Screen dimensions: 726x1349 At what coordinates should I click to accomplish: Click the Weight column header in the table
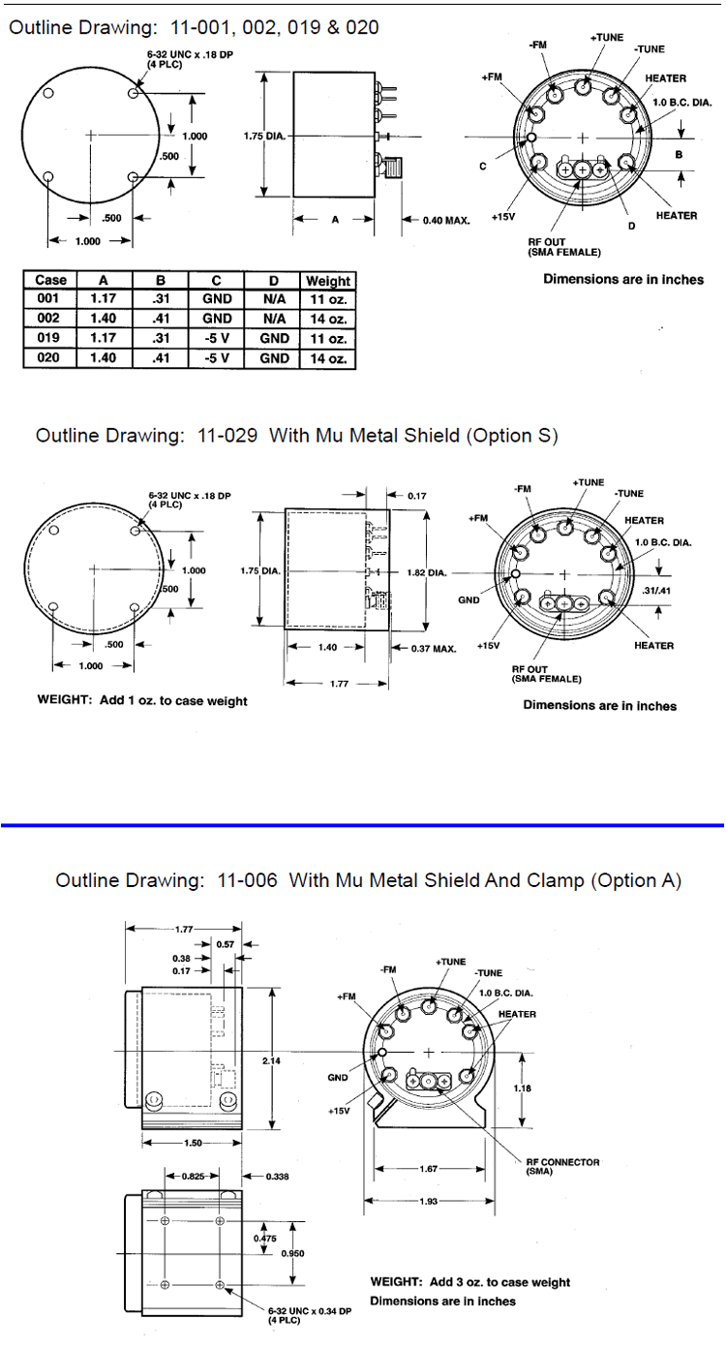pos(327,281)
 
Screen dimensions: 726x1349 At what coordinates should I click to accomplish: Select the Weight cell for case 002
pos(328,319)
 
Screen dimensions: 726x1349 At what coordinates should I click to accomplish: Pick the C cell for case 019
pos(217,338)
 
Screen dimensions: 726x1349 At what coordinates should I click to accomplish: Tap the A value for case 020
pos(103,357)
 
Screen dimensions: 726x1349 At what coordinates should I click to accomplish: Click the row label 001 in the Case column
pos(48,298)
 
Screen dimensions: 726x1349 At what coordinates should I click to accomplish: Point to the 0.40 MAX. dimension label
pos(445,221)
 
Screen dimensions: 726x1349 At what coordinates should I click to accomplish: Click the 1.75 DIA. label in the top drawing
pos(264,137)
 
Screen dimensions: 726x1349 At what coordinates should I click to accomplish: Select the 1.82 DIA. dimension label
pos(427,572)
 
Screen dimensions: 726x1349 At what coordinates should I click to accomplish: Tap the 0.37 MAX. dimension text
pos(434,649)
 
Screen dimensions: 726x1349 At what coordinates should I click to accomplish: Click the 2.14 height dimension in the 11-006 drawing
pos(271,1060)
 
